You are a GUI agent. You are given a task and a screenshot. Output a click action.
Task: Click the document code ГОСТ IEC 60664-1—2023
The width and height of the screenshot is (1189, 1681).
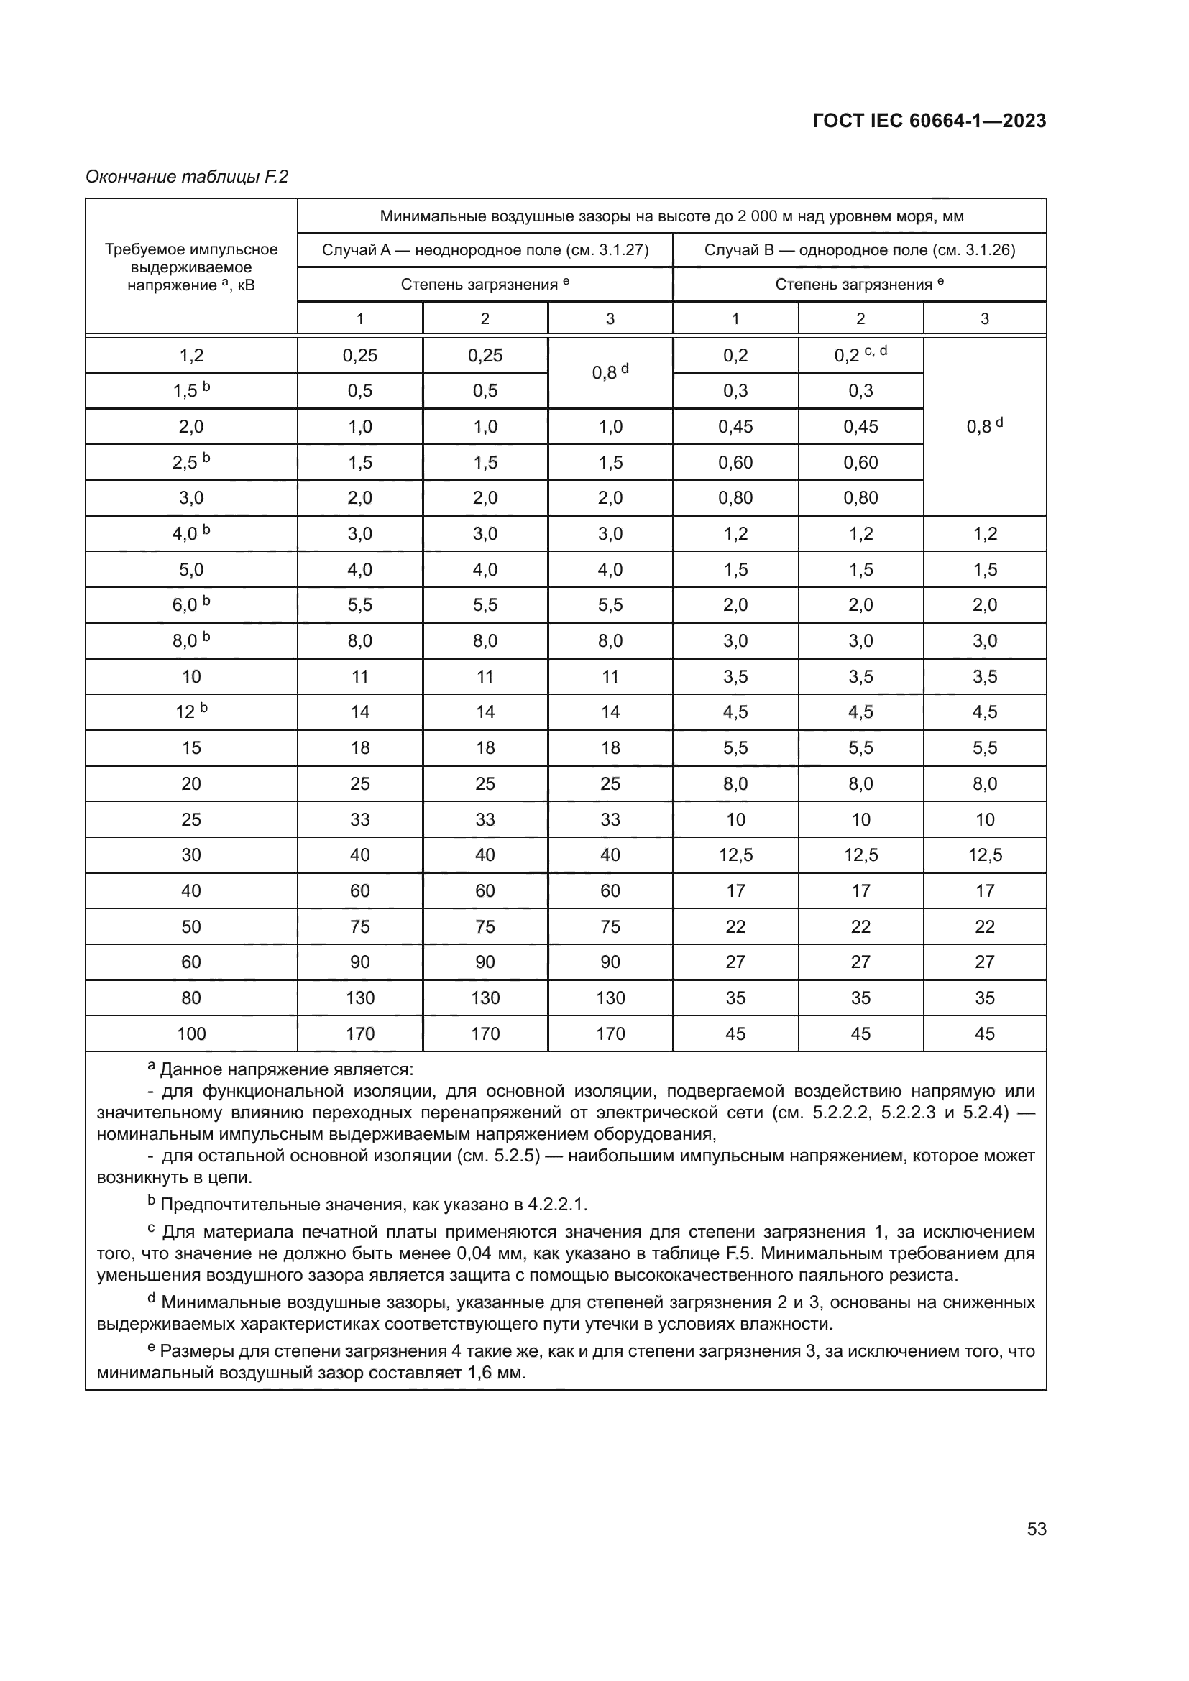928,121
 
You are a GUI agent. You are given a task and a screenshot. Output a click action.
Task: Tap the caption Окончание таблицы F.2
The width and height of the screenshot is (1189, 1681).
187,177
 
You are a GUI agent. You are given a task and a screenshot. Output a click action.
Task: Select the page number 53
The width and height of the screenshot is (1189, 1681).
1036,1529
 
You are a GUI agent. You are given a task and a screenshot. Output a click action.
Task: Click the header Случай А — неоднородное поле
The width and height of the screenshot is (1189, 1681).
485,249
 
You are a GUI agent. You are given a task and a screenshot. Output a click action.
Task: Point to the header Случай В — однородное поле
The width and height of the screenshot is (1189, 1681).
860,249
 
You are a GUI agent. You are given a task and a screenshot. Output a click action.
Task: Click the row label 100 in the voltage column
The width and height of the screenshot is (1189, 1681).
191,1033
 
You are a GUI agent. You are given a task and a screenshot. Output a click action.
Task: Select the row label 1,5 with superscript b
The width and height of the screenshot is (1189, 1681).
191,390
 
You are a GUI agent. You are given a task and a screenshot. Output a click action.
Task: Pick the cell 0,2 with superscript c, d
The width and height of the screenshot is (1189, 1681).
860,355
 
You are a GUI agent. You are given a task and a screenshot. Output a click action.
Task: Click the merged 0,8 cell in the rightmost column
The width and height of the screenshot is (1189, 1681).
984,426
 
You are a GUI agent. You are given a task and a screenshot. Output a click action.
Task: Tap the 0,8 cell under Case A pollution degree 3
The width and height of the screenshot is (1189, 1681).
610,373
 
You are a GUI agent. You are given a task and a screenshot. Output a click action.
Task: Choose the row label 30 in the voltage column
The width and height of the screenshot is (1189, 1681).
191,855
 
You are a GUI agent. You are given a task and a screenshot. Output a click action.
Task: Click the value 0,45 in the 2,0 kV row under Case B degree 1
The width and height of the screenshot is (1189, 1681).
735,426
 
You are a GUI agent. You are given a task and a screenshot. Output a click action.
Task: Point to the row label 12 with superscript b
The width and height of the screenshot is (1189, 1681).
191,711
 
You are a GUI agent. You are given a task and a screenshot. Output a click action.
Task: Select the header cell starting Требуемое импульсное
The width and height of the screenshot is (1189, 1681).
191,267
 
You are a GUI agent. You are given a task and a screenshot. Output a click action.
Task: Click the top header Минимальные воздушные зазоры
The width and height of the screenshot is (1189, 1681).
671,216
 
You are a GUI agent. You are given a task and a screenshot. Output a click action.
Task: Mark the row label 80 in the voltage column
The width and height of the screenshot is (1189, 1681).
191,998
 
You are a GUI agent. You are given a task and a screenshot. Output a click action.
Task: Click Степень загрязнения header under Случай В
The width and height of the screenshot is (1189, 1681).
859,284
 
